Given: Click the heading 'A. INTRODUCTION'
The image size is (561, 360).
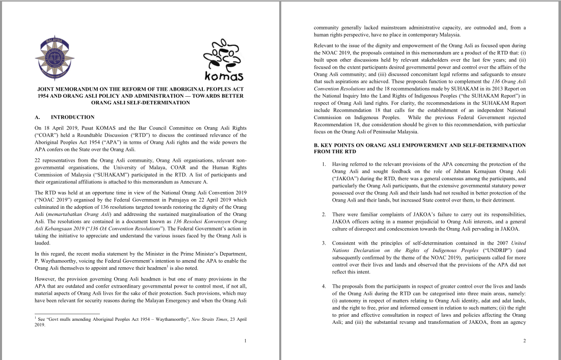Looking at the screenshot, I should coord(64,117).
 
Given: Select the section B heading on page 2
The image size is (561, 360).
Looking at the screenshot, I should coord(419,148).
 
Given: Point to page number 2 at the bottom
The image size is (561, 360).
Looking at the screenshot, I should coord(524,341).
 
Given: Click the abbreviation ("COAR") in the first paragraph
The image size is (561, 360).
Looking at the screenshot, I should coord(46,135).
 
